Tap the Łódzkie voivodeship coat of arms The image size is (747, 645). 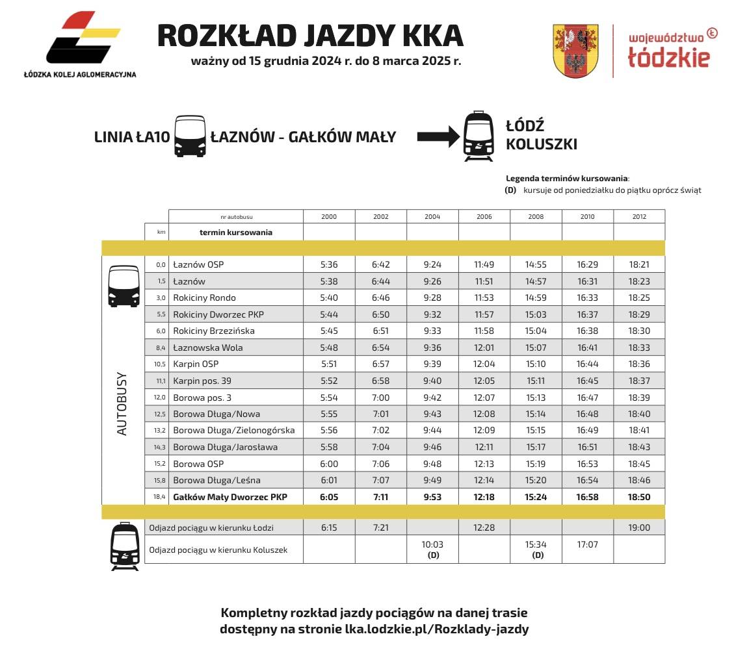(x=575, y=51)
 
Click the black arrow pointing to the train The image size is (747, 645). (x=438, y=136)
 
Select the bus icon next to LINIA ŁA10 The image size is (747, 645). (x=190, y=136)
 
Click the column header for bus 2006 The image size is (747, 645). (x=484, y=216)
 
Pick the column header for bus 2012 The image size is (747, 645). (x=639, y=216)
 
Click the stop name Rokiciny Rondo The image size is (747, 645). (x=204, y=298)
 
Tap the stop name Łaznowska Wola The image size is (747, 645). (x=207, y=348)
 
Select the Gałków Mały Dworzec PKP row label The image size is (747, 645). (x=229, y=497)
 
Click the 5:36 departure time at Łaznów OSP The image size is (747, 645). (x=329, y=265)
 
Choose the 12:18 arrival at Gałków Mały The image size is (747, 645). (x=484, y=497)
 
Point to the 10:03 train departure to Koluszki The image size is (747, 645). (x=432, y=545)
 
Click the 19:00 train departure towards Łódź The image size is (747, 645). (x=639, y=527)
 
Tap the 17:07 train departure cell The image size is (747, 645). (x=587, y=545)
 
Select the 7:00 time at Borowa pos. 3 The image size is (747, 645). (x=380, y=398)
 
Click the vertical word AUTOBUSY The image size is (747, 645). (x=122, y=403)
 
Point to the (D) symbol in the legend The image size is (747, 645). (x=510, y=190)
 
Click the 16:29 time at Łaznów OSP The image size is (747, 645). (x=587, y=265)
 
